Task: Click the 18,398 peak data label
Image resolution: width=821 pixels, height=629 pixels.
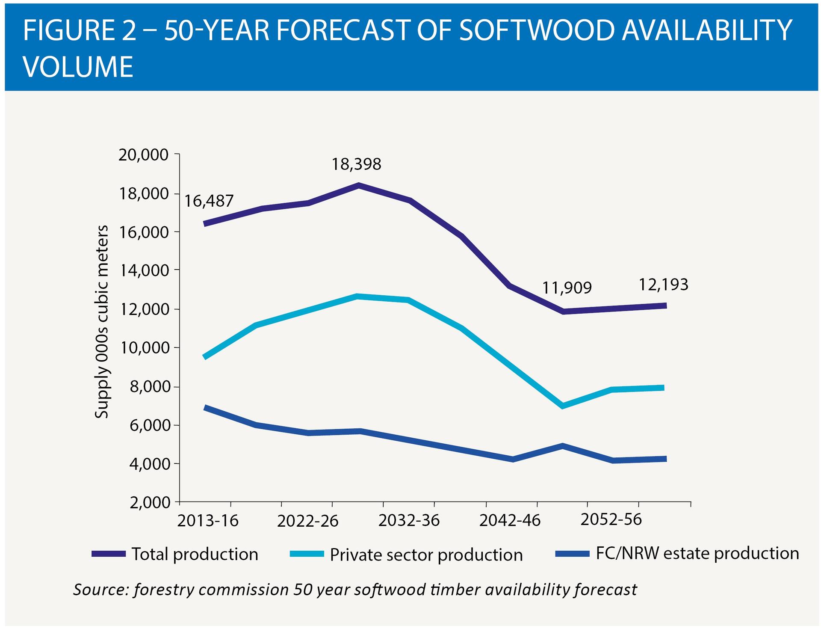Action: (x=356, y=164)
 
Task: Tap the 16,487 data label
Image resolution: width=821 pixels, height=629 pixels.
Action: (x=209, y=201)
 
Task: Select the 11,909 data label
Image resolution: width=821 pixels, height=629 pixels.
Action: (x=567, y=288)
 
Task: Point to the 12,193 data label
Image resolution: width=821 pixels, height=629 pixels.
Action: (x=663, y=285)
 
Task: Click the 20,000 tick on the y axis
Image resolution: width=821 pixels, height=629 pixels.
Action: (x=143, y=155)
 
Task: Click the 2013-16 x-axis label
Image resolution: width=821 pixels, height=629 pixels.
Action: (x=208, y=521)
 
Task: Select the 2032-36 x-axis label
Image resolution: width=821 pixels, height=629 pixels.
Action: (x=409, y=521)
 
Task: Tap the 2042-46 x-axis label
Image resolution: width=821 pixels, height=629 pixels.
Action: (x=510, y=521)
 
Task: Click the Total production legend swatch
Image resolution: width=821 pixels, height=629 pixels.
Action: (x=109, y=554)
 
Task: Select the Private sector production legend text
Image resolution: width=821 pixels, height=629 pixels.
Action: (x=426, y=555)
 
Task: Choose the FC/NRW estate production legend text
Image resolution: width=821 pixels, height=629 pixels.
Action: (x=697, y=554)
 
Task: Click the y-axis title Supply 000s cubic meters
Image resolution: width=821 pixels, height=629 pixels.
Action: (x=102, y=322)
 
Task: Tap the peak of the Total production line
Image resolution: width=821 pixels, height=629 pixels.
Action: (x=359, y=186)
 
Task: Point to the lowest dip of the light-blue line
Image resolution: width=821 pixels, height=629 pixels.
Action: (x=563, y=406)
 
